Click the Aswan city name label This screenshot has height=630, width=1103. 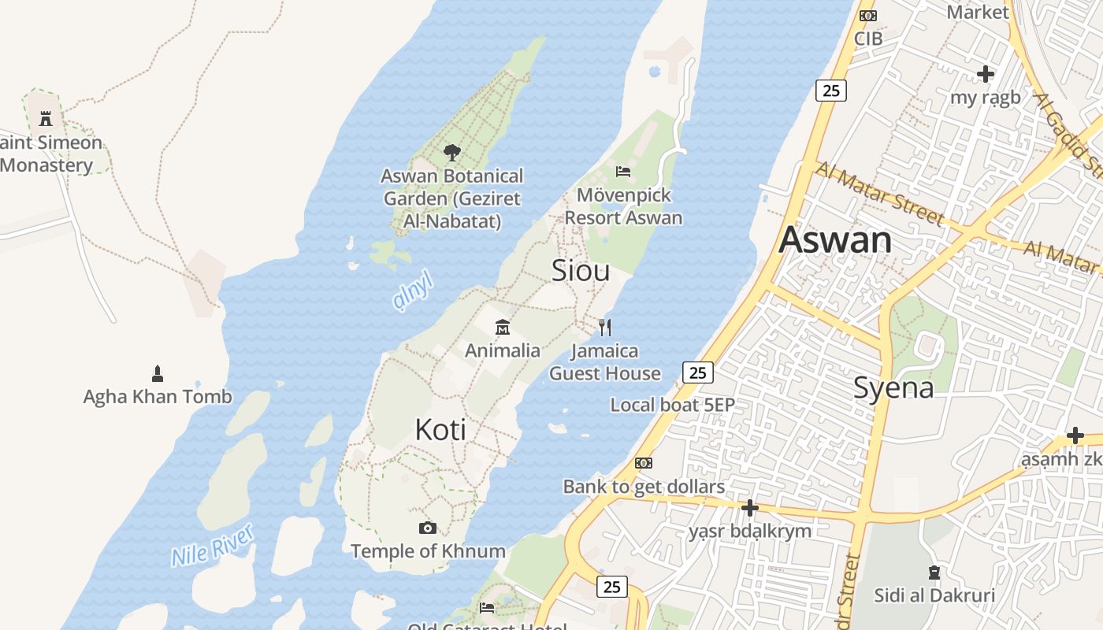[835, 240]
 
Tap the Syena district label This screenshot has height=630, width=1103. [893, 387]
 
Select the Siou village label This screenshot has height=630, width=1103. [581, 271]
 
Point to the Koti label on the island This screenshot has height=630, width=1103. [440, 430]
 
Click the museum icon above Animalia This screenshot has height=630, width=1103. [502, 327]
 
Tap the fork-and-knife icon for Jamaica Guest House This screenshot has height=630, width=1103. [605, 327]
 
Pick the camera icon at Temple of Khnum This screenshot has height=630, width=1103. [428, 528]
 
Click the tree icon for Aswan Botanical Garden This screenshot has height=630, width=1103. [451, 152]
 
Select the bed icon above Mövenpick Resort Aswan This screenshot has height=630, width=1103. [623, 171]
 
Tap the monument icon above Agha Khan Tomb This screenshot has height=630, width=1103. [158, 372]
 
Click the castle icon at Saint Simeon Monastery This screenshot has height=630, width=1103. [46, 119]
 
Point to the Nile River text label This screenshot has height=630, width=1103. [214, 545]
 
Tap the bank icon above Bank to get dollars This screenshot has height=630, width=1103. [644, 463]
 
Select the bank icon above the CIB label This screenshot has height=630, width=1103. [867, 16]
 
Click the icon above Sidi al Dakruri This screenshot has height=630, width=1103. [934, 572]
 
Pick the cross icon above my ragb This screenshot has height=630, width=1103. [985, 74]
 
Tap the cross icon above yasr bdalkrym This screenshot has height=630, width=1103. [749, 507]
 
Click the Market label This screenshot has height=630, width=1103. [977, 12]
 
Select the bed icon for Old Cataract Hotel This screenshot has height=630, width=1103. [487, 607]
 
